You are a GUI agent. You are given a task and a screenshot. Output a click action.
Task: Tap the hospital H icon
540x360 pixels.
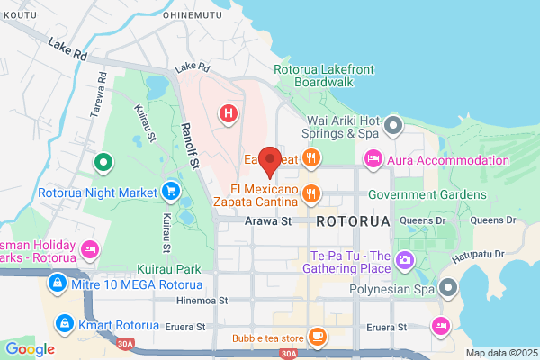click(229, 113)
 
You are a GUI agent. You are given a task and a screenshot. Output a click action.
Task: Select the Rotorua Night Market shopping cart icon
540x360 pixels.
click(169, 191)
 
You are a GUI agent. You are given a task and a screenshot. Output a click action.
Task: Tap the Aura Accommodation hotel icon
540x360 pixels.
click(372, 160)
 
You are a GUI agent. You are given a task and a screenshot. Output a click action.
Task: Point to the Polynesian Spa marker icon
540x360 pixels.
click(448, 288)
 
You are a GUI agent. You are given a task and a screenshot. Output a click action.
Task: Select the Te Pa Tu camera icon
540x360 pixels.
click(405, 261)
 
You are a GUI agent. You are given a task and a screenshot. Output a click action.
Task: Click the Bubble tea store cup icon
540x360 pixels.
click(317, 337)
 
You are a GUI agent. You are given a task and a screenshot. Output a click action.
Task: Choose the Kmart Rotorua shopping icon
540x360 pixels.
click(63, 322)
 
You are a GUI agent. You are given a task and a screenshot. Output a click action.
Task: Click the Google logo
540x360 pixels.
click(30, 348)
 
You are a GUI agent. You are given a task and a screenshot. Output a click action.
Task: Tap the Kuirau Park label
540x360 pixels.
click(170, 269)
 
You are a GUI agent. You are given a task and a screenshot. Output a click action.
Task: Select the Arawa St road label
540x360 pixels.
click(269, 220)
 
